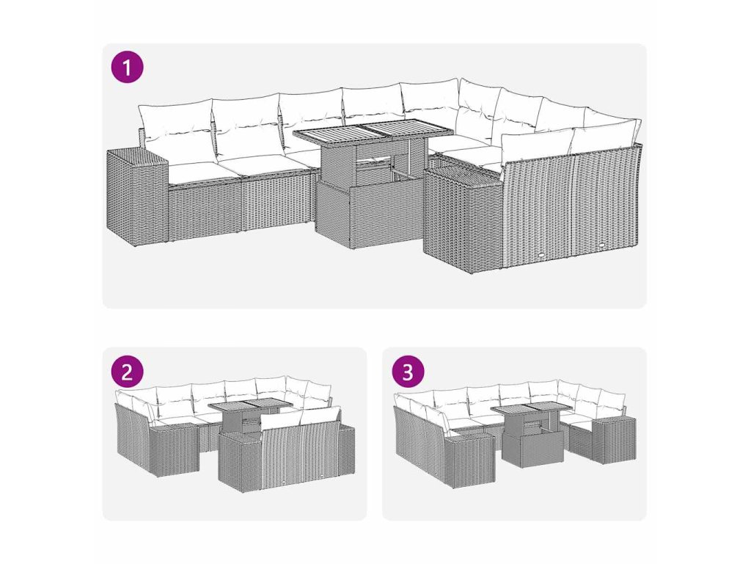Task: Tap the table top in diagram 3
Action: point(531,409)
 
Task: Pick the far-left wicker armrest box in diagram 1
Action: point(137,197)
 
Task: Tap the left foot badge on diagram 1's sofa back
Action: point(541,255)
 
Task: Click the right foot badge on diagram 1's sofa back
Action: point(601,247)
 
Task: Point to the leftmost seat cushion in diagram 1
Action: point(197,172)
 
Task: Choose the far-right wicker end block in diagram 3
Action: point(615,440)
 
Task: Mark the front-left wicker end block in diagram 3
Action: point(470,459)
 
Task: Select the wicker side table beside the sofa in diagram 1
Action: point(462,216)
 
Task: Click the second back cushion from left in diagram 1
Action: point(246,126)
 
